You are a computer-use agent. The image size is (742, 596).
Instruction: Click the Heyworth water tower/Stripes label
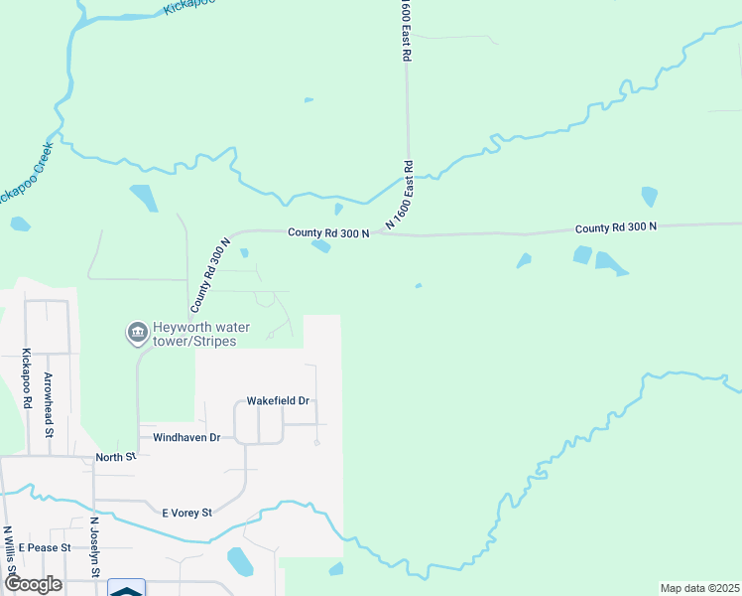click(200, 335)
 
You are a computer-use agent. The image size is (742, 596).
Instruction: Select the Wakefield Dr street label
click(279, 401)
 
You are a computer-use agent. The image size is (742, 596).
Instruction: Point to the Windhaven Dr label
click(186, 437)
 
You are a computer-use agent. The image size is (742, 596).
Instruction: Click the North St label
click(115, 457)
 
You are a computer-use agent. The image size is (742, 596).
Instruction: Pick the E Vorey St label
click(187, 513)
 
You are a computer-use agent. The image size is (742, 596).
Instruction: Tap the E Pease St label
click(46, 547)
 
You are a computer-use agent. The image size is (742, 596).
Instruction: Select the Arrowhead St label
click(48, 404)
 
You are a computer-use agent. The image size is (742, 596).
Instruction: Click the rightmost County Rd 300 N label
click(615, 227)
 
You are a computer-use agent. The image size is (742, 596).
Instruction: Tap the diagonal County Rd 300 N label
click(210, 271)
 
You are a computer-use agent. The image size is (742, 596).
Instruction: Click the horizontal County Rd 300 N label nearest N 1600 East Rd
click(328, 232)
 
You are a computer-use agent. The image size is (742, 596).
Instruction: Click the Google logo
click(34, 584)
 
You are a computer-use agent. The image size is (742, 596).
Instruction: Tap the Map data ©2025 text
click(698, 588)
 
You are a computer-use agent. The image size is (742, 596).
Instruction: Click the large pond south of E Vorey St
click(240, 561)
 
